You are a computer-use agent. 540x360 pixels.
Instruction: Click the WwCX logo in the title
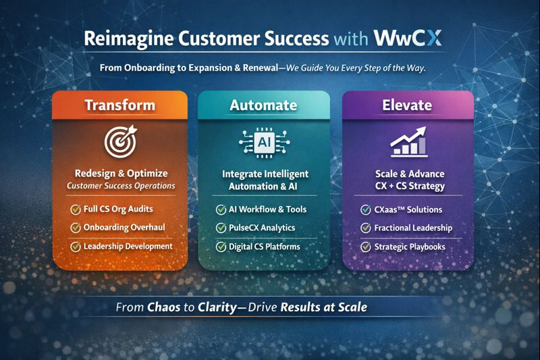(x=408, y=38)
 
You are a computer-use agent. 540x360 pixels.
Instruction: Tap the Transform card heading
(x=119, y=105)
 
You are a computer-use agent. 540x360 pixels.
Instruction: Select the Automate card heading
(x=263, y=105)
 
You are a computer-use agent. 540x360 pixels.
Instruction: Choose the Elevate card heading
(x=407, y=105)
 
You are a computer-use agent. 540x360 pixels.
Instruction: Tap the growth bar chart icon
(x=407, y=141)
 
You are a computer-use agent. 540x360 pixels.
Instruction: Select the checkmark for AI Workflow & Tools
(x=220, y=209)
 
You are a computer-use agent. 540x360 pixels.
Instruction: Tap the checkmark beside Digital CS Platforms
(x=220, y=247)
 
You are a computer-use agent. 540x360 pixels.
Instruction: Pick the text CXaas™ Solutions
(x=408, y=209)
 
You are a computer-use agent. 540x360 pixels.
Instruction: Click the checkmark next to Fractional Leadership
(x=365, y=228)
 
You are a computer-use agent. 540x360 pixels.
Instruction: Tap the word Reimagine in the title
(x=124, y=38)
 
